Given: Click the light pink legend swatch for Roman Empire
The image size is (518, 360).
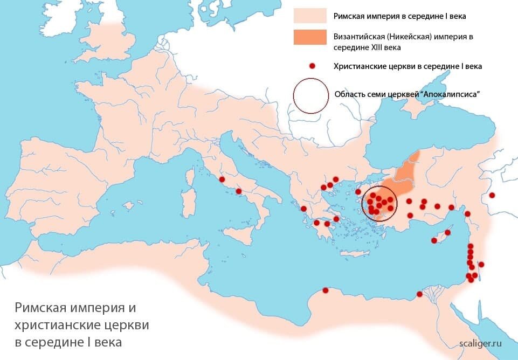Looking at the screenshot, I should coord(310,16).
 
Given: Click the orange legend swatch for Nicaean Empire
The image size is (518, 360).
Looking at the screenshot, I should coord(310,37).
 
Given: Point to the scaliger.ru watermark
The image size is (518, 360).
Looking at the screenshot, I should coord(481,343).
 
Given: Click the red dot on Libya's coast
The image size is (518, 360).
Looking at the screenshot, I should coord(325,290).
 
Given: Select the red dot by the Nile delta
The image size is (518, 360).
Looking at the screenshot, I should coord(419,294).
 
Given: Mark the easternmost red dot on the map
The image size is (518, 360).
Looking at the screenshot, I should coord(492,195).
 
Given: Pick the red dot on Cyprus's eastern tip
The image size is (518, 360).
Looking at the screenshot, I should coord(447,233).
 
